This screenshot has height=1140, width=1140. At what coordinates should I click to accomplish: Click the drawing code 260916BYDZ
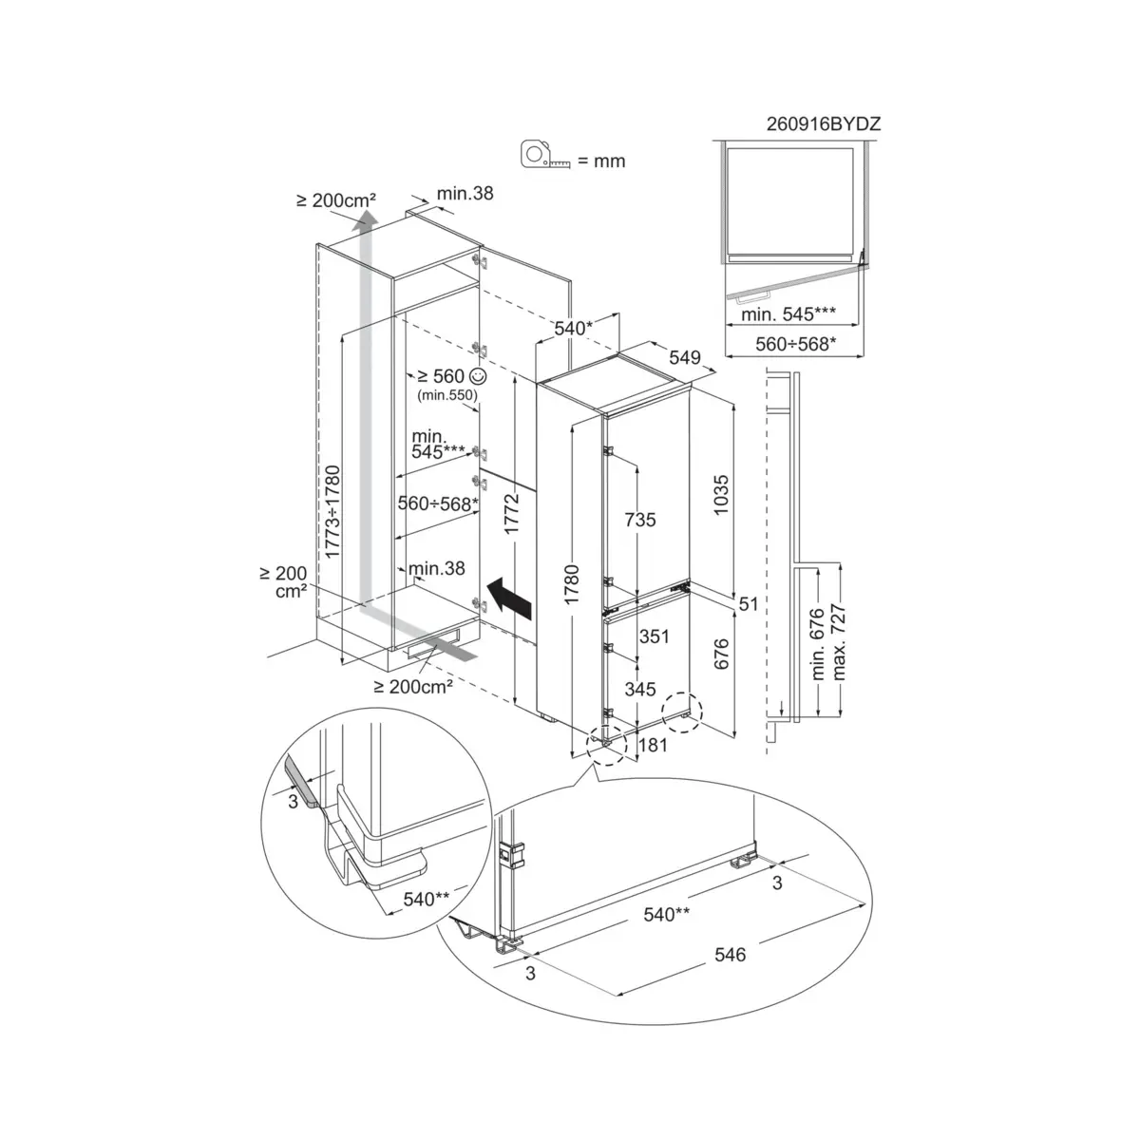[824, 123]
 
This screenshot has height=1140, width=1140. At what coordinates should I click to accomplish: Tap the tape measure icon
[545, 155]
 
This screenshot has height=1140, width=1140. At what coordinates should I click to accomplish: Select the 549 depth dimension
[684, 357]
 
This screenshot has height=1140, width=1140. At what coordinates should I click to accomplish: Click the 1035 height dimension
[720, 495]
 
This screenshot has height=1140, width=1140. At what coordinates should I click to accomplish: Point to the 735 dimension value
[640, 520]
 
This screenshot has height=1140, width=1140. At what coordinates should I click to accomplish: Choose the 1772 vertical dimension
[511, 514]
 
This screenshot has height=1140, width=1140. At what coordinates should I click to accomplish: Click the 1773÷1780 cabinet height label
[332, 512]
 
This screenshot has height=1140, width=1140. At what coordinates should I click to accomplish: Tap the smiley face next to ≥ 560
[478, 375]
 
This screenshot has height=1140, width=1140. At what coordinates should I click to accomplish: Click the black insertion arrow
[509, 598]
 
